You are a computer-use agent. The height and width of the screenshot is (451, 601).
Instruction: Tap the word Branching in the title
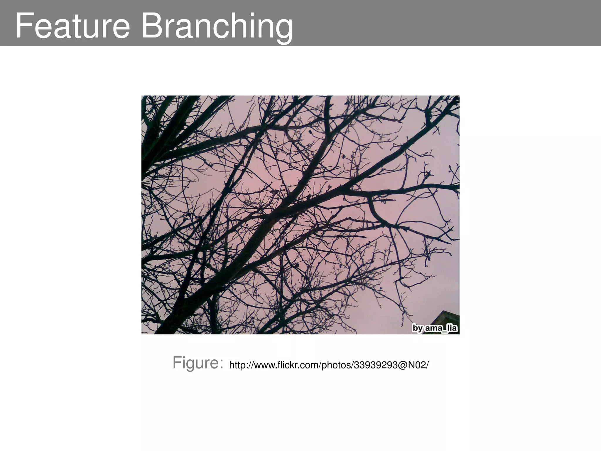pos(217,26)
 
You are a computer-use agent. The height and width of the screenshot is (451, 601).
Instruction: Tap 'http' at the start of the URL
pos(237,365)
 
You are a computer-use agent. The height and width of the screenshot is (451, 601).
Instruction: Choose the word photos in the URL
pos(336,366)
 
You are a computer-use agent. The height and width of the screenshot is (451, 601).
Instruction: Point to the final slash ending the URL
pos(427,365)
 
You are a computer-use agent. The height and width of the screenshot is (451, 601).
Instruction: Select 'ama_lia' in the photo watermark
pos(441,328)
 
